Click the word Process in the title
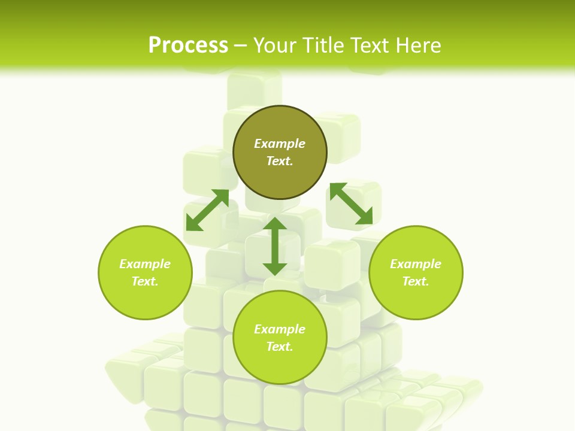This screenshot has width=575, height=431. (x=188, y=45)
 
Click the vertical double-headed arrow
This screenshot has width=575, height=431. (x=275, y=246)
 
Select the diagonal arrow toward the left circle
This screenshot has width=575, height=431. (x=207, y=210)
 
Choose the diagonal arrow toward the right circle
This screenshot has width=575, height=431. (x=351, y=204)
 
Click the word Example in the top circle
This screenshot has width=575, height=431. (x=280, y=144)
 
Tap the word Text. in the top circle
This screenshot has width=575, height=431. (x=280, y=161)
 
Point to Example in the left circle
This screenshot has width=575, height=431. (x=145, y=264)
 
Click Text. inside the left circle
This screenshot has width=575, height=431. (x=145, y=281)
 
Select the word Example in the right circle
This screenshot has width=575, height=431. (x=416, y=264)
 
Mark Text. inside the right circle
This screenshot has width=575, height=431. (x=416, y=281)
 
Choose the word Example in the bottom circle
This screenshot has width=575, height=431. (x=280, y=329)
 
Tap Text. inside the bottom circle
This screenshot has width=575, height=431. (x=280, y=347)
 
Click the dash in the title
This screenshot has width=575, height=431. (x=241, y=46)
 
